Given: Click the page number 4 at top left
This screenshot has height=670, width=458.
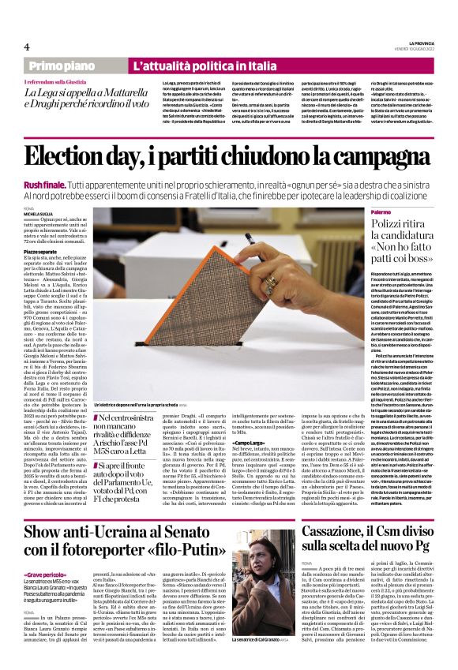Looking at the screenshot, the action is coord(26,45).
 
